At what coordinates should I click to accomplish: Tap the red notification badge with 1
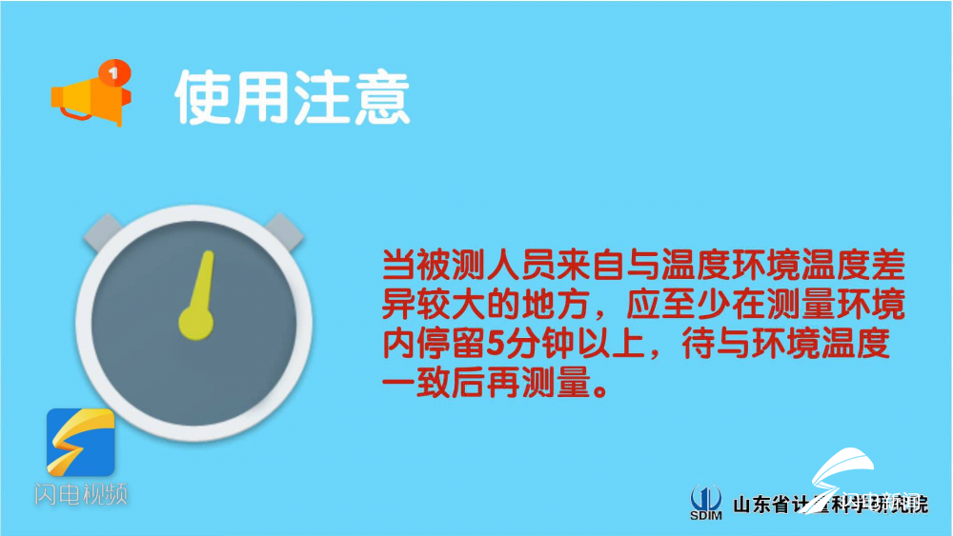click(x=114, y=71)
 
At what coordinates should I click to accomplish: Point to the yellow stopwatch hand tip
click(x=205, y=258)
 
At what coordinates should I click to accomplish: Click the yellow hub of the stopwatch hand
click(x=194, y=321)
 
